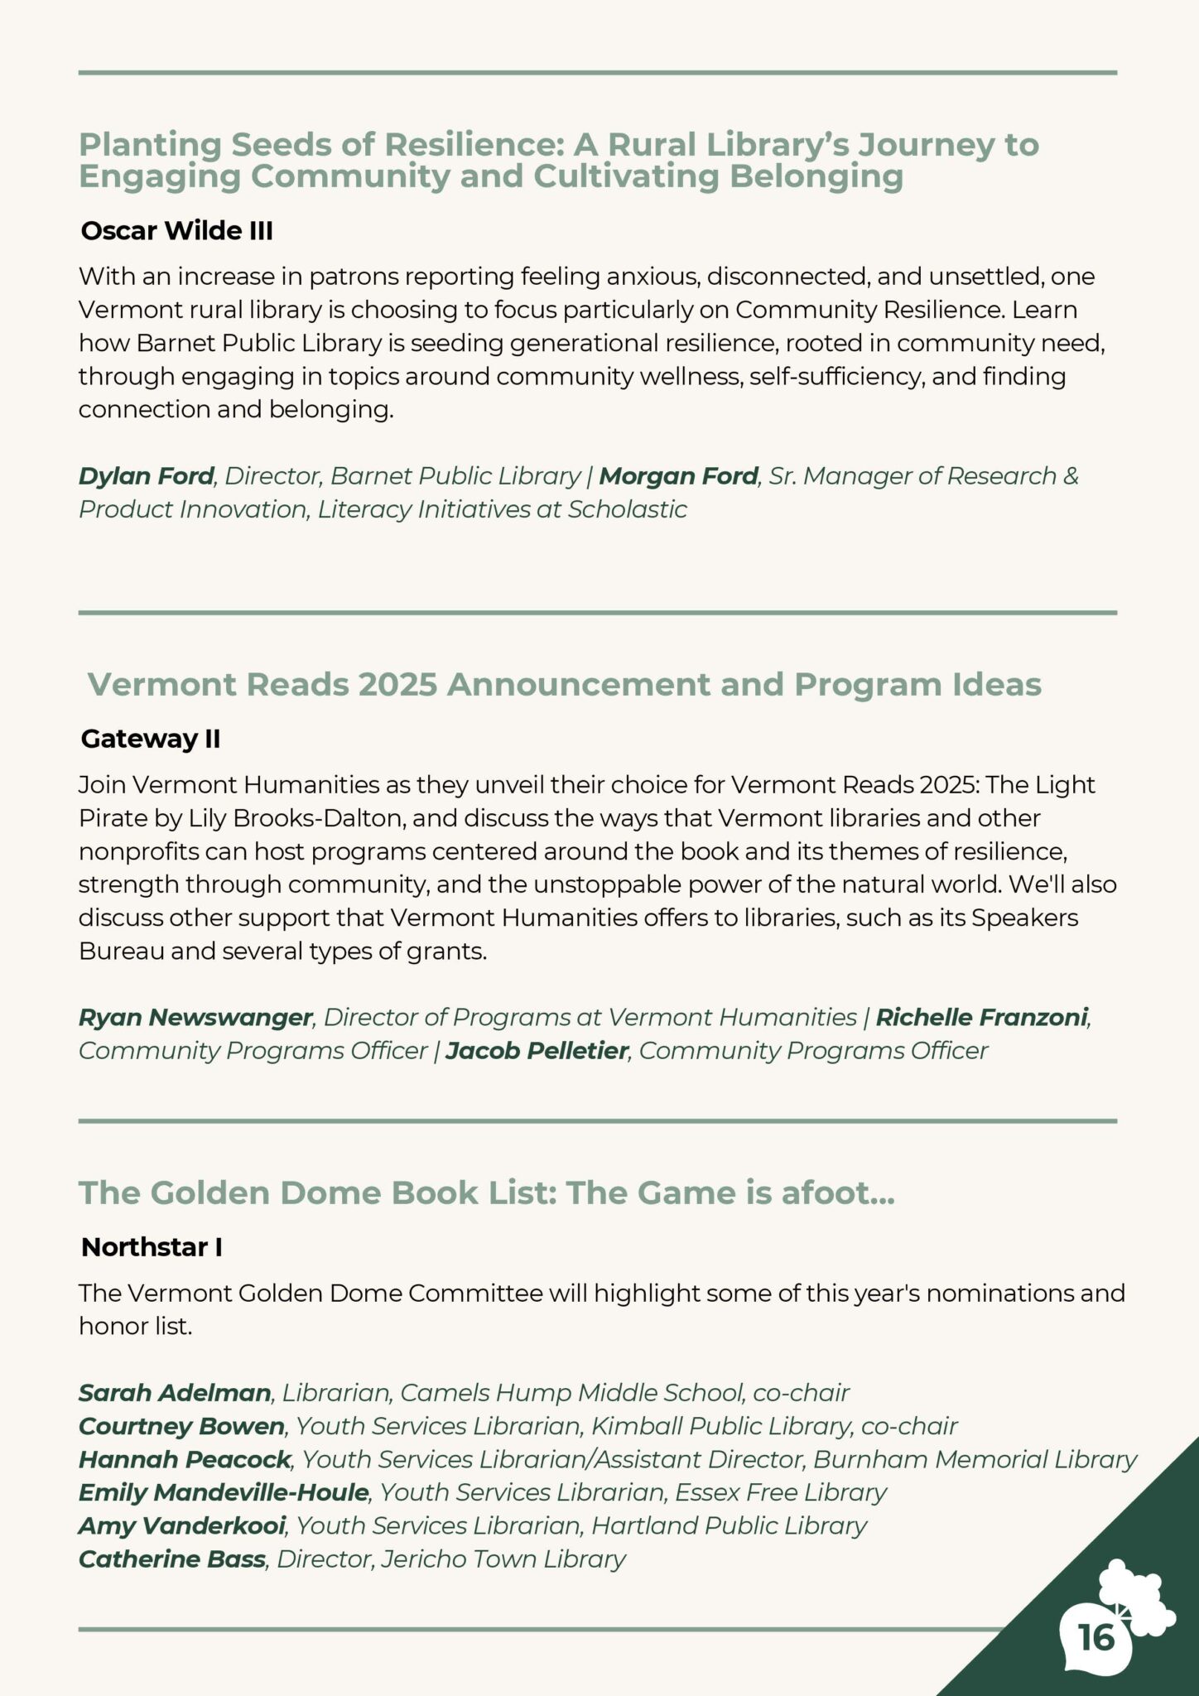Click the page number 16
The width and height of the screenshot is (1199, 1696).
point(1096,1637)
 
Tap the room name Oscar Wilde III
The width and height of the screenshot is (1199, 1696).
point(176,230)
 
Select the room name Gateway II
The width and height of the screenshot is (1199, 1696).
point(150,739)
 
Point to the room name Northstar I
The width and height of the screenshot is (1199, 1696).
point(152,1247)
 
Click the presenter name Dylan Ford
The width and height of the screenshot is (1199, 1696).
point(147,476)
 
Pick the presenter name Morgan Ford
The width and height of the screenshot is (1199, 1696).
point(678,476)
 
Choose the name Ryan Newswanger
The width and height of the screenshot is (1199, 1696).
point(195,1017)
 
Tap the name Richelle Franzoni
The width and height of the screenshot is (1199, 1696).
point(981,1017)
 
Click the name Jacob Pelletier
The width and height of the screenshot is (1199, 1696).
point(537,1051)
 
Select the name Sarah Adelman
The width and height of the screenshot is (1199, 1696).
point(175,1393)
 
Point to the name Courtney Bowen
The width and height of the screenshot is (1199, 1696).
point(181,1426)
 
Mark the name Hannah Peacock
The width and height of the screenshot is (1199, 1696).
point(185,1459)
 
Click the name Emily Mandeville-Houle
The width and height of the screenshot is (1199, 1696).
point(224,1492)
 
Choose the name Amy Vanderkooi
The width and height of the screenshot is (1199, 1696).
point(182,1525)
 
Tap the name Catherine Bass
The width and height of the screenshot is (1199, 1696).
point(172,1559)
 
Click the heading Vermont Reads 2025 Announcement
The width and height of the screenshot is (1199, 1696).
point(564,685)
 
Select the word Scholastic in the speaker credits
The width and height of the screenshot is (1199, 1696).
point(627,509)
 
